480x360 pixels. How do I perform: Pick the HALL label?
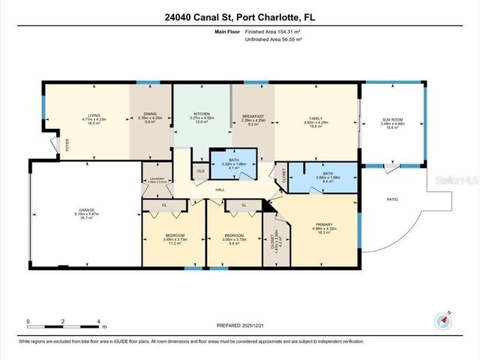coord(220,190)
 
